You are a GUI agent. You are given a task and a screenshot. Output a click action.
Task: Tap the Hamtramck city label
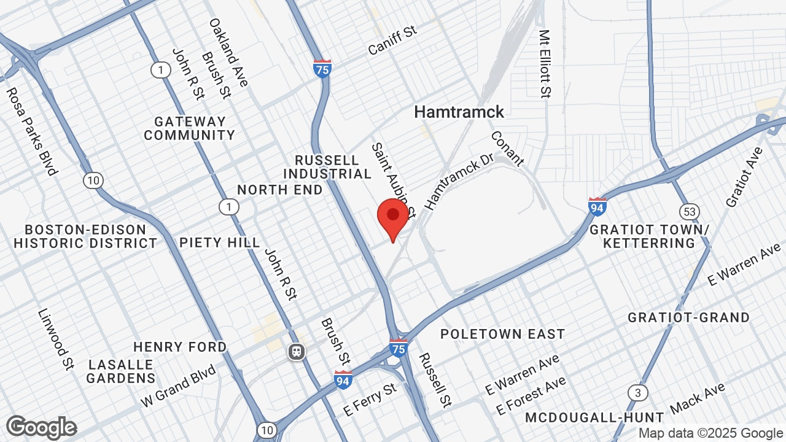click(459, 112)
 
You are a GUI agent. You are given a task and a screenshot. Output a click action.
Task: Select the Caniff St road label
click(392, 41)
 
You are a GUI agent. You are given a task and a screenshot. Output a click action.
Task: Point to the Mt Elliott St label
click(544, 64)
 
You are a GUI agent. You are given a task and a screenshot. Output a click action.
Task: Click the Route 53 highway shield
click(690, 212)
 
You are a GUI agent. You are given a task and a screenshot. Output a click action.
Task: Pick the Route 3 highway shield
click(638, 392)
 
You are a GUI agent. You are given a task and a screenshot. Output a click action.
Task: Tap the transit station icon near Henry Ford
click(297, 352)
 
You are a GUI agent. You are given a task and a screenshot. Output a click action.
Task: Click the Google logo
click(41, 427)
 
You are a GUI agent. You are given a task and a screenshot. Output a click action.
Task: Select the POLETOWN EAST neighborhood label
click(502, 334)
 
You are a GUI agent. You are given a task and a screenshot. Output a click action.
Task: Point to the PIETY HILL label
click(220, 242)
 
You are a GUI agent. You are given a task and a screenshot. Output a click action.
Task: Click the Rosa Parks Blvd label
click(31, 131)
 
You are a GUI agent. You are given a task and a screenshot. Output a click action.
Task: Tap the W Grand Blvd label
click(178, 386)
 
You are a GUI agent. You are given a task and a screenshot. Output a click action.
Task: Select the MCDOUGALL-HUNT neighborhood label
click(594, 418)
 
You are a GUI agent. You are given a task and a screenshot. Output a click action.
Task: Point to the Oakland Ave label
click(228, 52)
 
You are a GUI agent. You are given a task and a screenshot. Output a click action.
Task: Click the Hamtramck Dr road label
click(459, 181)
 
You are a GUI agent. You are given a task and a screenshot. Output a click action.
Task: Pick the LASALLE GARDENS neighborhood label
click(121, 371)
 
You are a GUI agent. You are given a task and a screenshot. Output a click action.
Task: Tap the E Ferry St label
click(371, 400)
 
